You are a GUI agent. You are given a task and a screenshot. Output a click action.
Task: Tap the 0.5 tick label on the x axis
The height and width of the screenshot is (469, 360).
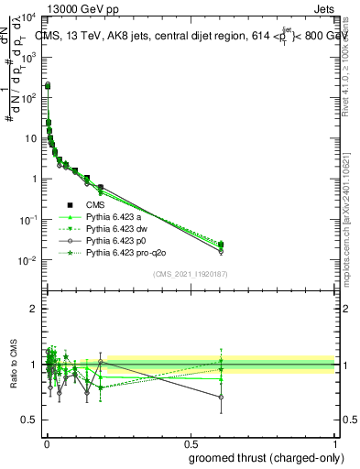click(190, 443)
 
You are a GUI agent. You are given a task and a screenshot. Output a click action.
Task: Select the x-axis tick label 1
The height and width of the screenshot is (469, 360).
click(335, 443)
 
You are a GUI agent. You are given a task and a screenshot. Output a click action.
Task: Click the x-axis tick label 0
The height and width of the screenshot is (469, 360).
click(46, 443)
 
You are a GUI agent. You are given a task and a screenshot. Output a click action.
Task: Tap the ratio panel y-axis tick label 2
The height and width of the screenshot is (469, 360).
click(34, 309)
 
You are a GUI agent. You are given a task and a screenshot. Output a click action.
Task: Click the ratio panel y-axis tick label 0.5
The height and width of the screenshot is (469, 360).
click(30, 420)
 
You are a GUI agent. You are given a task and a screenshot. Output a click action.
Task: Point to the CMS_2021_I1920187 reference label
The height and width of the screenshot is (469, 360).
click(190, 274)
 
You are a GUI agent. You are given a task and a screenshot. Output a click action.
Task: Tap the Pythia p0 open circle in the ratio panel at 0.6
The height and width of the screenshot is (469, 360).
click(221, 397)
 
